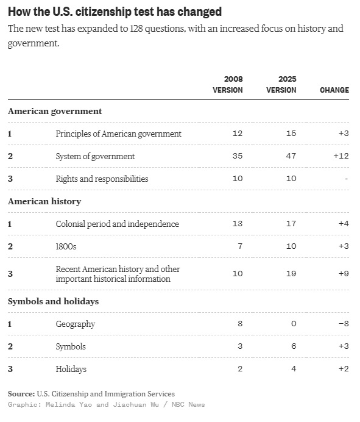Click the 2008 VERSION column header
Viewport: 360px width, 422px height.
(228, 85)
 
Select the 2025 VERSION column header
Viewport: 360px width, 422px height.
(281, 85)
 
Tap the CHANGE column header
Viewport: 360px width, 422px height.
(334, 90)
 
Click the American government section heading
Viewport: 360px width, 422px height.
(55, 112)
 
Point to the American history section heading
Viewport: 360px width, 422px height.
(44, 202)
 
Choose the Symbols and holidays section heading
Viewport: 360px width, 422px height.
(53, 301)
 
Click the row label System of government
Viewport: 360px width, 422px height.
(95, 156)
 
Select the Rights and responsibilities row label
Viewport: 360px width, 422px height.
(102, 179)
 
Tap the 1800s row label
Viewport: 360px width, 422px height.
(66, 246)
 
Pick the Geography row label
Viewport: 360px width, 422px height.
(76, 324)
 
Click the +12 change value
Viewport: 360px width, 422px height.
(341, 156)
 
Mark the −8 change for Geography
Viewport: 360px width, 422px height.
(344, 323)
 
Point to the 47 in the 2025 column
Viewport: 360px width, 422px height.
(291, 156)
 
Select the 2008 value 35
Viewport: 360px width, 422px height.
(238, 156)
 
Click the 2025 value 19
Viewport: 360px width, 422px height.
(291, 274)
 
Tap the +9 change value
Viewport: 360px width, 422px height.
(344, 274)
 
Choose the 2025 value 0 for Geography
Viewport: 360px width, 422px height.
(294, 323)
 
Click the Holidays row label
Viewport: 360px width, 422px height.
(71, 369)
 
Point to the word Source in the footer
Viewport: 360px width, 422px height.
(21, 394)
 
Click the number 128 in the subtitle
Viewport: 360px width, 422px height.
(136, 29)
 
